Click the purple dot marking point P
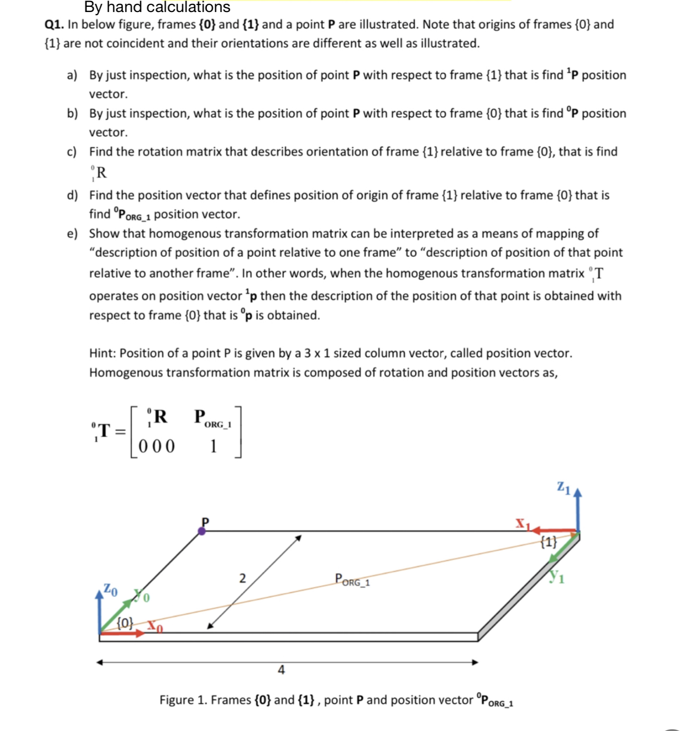[202, 531]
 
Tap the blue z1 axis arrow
[577, 509]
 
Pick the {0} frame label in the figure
[125, 622]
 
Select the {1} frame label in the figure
[549, 541]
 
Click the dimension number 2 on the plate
[242, 578]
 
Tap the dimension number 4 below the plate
[281, 669]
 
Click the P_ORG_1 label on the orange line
[352, 580]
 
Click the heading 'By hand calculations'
[157, 7]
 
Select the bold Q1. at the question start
[54, 25]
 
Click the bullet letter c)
[72, 152]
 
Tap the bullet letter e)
[72, 234]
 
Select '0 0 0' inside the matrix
[157, 446]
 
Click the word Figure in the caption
[176, 700]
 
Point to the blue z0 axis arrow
[99, 611]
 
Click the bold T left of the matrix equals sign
[104, 431]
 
